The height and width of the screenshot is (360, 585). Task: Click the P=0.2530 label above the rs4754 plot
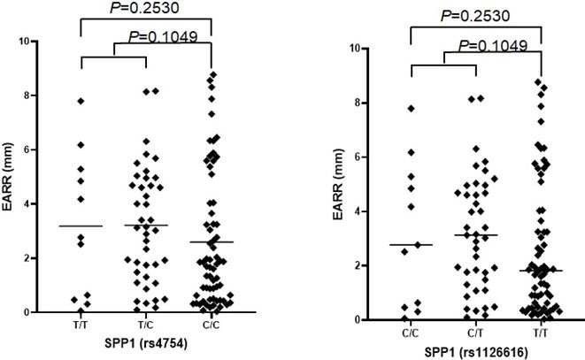point(144,7)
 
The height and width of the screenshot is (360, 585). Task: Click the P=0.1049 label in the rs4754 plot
point(163,36)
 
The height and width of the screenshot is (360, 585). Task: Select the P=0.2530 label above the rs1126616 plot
point(475,16)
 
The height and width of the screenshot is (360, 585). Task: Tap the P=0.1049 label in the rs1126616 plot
point(492,45)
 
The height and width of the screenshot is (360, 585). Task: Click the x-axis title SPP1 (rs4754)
point(146,343)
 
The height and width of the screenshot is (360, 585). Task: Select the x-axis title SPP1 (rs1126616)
point(475,352)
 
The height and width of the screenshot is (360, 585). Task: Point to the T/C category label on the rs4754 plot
point(145,325)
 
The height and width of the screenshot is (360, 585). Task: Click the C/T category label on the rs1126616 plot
point(475,333)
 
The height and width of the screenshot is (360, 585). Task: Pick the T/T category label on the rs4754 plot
point(81,325)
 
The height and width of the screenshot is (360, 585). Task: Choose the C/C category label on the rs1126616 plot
point(411,333)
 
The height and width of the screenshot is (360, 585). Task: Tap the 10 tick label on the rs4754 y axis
point(25,41)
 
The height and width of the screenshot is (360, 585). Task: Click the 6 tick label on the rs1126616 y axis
point(358,157)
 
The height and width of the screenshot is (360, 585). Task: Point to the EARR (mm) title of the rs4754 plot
point(7,176)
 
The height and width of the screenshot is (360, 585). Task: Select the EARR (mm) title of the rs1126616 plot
point(338,184)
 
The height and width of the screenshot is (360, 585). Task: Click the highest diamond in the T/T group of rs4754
point(81,101)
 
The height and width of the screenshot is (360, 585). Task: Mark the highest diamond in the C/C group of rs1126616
point(411,109)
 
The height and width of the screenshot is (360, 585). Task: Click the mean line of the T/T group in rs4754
point(81,226)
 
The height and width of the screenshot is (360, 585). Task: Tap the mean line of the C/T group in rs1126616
point(476,235)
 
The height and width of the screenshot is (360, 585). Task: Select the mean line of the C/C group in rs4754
point(212,242)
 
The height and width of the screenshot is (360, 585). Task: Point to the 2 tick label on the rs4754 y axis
point(27,258)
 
